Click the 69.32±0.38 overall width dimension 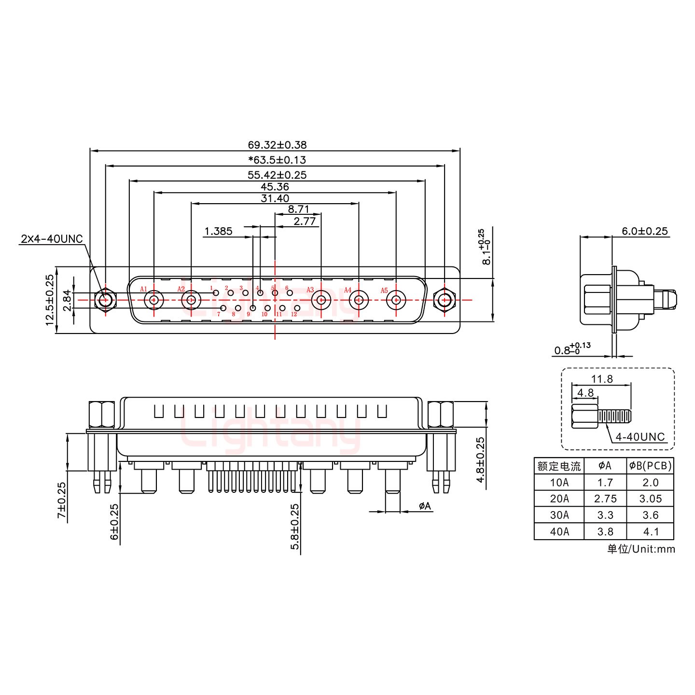[277, 144]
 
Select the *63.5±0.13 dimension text [277, 159]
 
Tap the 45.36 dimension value [274, 186]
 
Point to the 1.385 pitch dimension [218, 231]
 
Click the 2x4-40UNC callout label [52, 238]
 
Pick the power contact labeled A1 [154, 300]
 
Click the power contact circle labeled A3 [320, 300]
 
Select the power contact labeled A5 [396, 300]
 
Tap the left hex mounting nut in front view [105, 300]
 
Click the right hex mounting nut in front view [444, 300]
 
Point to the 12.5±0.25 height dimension [49, 300]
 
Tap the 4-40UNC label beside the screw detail [640, 437]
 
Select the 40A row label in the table [559, 531]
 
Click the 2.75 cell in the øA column [605, 499]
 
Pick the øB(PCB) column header [650, 466]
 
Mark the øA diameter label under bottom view [425, 506]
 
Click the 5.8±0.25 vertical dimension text [294, 527]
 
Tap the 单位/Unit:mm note [640, 549]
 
